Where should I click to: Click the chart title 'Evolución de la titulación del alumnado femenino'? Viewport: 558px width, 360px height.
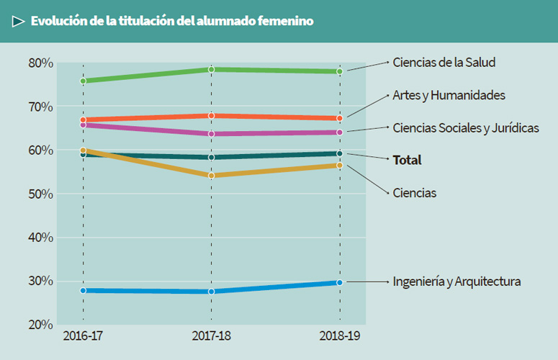(171, 22)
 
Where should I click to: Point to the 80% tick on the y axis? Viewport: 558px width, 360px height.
(41, 63)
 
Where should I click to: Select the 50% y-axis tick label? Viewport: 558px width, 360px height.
(41, 194)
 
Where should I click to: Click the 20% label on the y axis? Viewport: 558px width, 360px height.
(41, 325)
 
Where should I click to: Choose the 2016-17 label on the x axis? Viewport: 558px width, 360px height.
(83, 337)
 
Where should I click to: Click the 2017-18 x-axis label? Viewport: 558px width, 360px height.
(211, 337)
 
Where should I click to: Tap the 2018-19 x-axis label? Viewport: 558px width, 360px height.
(340, 337)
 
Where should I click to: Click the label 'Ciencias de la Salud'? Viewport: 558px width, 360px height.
(444, 63)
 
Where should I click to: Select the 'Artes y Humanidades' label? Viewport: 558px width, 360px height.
(449, 95)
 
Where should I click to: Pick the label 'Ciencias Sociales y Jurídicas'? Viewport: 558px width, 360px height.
(465, 127)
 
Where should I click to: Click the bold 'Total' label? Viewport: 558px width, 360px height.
(407, 160)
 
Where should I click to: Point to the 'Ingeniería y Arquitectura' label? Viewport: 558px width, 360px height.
(456, 281)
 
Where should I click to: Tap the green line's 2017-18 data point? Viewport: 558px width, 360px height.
(211, 70)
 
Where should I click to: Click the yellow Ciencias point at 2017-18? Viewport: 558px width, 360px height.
(211, 176)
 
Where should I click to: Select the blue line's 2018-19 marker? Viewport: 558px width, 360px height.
(340, 282)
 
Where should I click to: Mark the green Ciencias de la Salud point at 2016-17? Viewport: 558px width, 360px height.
(84, 81)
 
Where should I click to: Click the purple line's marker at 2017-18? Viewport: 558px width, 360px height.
(211, 134)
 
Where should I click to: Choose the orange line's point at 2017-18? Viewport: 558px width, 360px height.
(211, 116)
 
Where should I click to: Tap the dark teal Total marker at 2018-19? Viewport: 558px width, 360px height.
(340, 153)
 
